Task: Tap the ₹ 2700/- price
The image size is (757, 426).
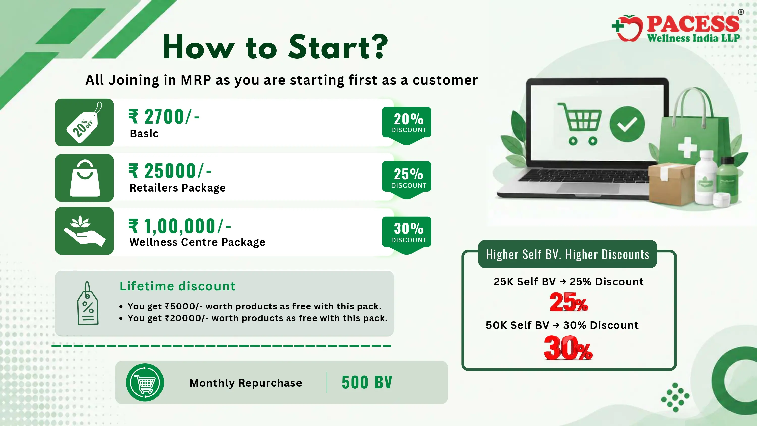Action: tap(164, 116)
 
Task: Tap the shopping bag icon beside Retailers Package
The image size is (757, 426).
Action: tap(85, 178)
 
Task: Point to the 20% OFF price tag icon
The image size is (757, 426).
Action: tap(84, 123)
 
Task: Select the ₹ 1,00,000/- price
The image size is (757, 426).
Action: tap(180, 226)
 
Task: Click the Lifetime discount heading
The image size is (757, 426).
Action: tap(177, 286)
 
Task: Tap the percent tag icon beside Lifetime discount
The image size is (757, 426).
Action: tap(88, 303)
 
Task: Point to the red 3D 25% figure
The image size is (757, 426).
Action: tap(569, 302)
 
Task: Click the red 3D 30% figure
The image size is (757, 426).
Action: tap(568, 348)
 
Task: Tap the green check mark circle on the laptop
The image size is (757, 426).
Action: tap(627, 124)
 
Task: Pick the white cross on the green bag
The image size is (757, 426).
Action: tap(687, 147)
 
